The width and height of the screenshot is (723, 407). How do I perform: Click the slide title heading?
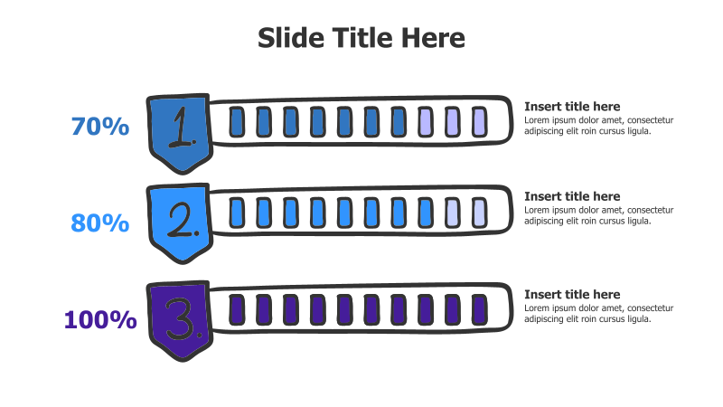(x=361, y=37)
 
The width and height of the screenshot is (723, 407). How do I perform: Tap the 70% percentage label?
(x=100, y=127)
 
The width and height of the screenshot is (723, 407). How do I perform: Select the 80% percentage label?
(x=100, y=223)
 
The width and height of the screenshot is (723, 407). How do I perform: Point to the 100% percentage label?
(x=100, y=320)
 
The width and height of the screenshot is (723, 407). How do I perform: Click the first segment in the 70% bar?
(x=237, y=122)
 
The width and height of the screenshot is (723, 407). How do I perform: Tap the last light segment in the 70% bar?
(x=480, y=122)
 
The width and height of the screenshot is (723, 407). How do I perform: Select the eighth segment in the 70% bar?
(x=426, y=122)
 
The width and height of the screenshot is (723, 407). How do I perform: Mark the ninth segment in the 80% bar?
(x=453, y=213)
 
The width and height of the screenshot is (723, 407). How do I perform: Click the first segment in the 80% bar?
(x=237, y=213)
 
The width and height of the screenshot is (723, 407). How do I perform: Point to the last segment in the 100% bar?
(x=480, y=309)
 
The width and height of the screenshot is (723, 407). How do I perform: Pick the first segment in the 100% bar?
(x=237, y=309)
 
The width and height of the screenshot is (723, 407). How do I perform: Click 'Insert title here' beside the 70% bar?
(x=572, y=107)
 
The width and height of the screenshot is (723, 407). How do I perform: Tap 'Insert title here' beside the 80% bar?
(x=572, y=196)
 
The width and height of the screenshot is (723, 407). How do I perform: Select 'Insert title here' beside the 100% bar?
(x=572, y=295)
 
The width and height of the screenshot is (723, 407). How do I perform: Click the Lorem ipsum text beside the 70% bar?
(x=598, y=126)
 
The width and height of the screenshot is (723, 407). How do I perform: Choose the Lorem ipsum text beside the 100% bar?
(x=598, y=313)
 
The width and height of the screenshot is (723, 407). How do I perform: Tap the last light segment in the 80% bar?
(x=480, y=213)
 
